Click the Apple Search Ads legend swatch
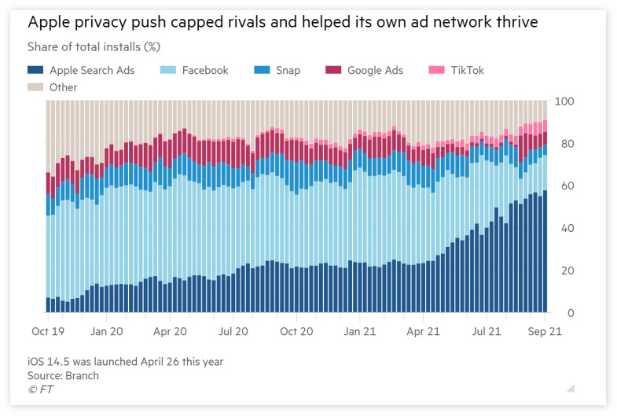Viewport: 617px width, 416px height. [35, 70]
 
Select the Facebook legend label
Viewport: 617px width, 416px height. [205, 70]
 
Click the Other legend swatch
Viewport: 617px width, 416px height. [35, 87]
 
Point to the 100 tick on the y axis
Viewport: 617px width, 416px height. [564, 101]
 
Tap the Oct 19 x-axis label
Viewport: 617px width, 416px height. [47, 332]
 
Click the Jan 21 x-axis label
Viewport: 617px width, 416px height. [360, 332]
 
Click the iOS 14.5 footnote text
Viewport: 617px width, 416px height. [125, 362]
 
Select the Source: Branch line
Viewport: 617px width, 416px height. [63, 375]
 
